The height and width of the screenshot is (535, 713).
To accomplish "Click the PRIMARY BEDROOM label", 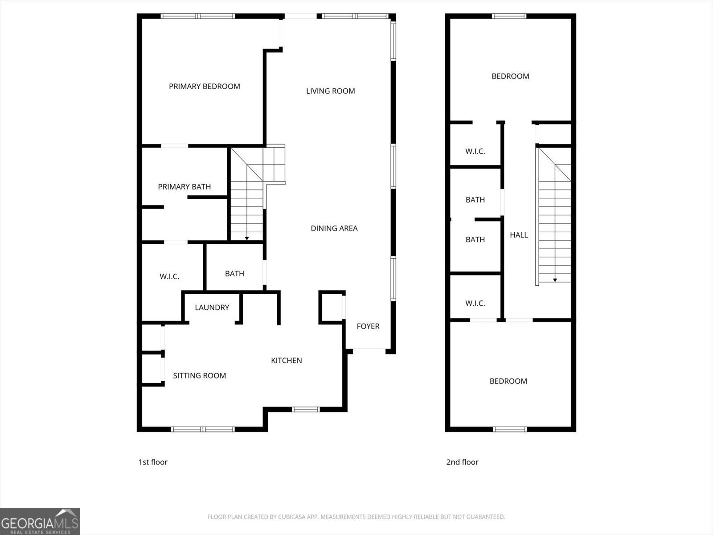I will pyautogui.click(x=204, y=86).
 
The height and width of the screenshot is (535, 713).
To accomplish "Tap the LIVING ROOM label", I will pyautogui.click(x=330, y=91).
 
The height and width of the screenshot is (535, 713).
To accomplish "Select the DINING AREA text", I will pyautogui.click(x=334, y=228).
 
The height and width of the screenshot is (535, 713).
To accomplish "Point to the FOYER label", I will pyautogui.click(x=368, y=326).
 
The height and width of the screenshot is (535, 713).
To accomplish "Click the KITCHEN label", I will pyautogui.click(x=286, y=360).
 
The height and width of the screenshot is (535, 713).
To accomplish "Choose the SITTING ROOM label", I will pyautogui.click(x=199, y=375).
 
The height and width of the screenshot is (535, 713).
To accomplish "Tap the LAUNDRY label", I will pyautogui.click(x=212, y=308).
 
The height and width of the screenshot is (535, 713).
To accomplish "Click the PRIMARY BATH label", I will pyautogui.click(x=184, y=187).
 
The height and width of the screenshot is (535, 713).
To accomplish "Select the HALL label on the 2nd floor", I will pyautogui.click(x=519, y=235).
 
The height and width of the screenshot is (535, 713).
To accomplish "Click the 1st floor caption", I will pyautogui.click(x=153, y=462).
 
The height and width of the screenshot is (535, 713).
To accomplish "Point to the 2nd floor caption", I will pyautogui.click(x=462, y=462).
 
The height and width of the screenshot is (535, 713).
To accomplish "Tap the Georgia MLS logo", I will pyautogui.click(x=40, y=521).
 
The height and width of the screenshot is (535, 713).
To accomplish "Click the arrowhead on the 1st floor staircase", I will pyautogui.click(x=247, y=239).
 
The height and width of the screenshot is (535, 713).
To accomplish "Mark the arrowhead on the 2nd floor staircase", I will pyautogui.click(x=555, y=280).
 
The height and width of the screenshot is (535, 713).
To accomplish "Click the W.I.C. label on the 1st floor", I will pyautogui.click(x=169, y=277).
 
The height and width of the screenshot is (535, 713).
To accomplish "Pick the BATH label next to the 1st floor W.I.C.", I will pyautogui.click(x=234, y=274).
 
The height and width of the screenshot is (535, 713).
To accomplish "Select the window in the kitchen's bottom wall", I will pyautogui.click(x=306, y=409).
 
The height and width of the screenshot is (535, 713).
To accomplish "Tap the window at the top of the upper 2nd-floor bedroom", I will pyautogui.click(x=509, y=16).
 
